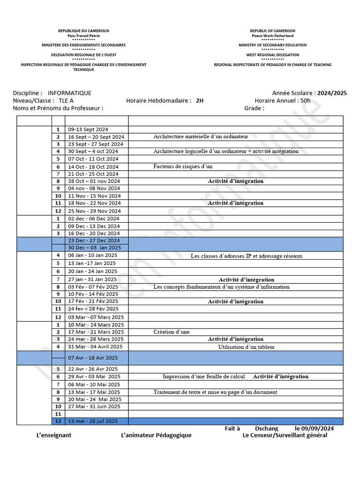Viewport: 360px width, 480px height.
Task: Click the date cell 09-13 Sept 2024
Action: [x=88, y=129]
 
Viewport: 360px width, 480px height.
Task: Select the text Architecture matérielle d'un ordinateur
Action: [x=201, y=136]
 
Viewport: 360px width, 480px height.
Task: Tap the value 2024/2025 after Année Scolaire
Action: [x=332, y=93]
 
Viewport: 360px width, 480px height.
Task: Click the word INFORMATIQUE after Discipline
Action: [x=69, y=93]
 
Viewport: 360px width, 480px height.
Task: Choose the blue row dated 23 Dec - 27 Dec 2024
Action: [x=94, y=240]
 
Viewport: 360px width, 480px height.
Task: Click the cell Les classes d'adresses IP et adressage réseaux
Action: [x=246, y=256]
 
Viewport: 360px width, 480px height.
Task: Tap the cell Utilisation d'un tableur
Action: [x=246, y=347]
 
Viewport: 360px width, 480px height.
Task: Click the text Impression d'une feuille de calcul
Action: [x=203, y=376]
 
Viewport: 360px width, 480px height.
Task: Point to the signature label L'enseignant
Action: [x=54, y=435]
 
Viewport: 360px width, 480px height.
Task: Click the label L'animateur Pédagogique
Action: [x=156, y=435]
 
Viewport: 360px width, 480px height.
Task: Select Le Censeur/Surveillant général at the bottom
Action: [x=285, y=435]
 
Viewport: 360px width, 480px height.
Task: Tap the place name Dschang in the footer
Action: [x=266, y=428]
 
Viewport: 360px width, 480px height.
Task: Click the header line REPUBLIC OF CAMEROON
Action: [x=272, y=31]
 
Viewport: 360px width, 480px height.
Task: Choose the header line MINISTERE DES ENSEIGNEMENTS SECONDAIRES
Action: [x=83, y=45]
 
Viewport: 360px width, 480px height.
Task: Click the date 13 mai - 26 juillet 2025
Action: [x=93, y=421]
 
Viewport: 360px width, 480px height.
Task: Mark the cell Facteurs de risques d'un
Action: [x=183, y=166]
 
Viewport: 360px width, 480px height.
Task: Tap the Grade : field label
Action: [x=254, y=108]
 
